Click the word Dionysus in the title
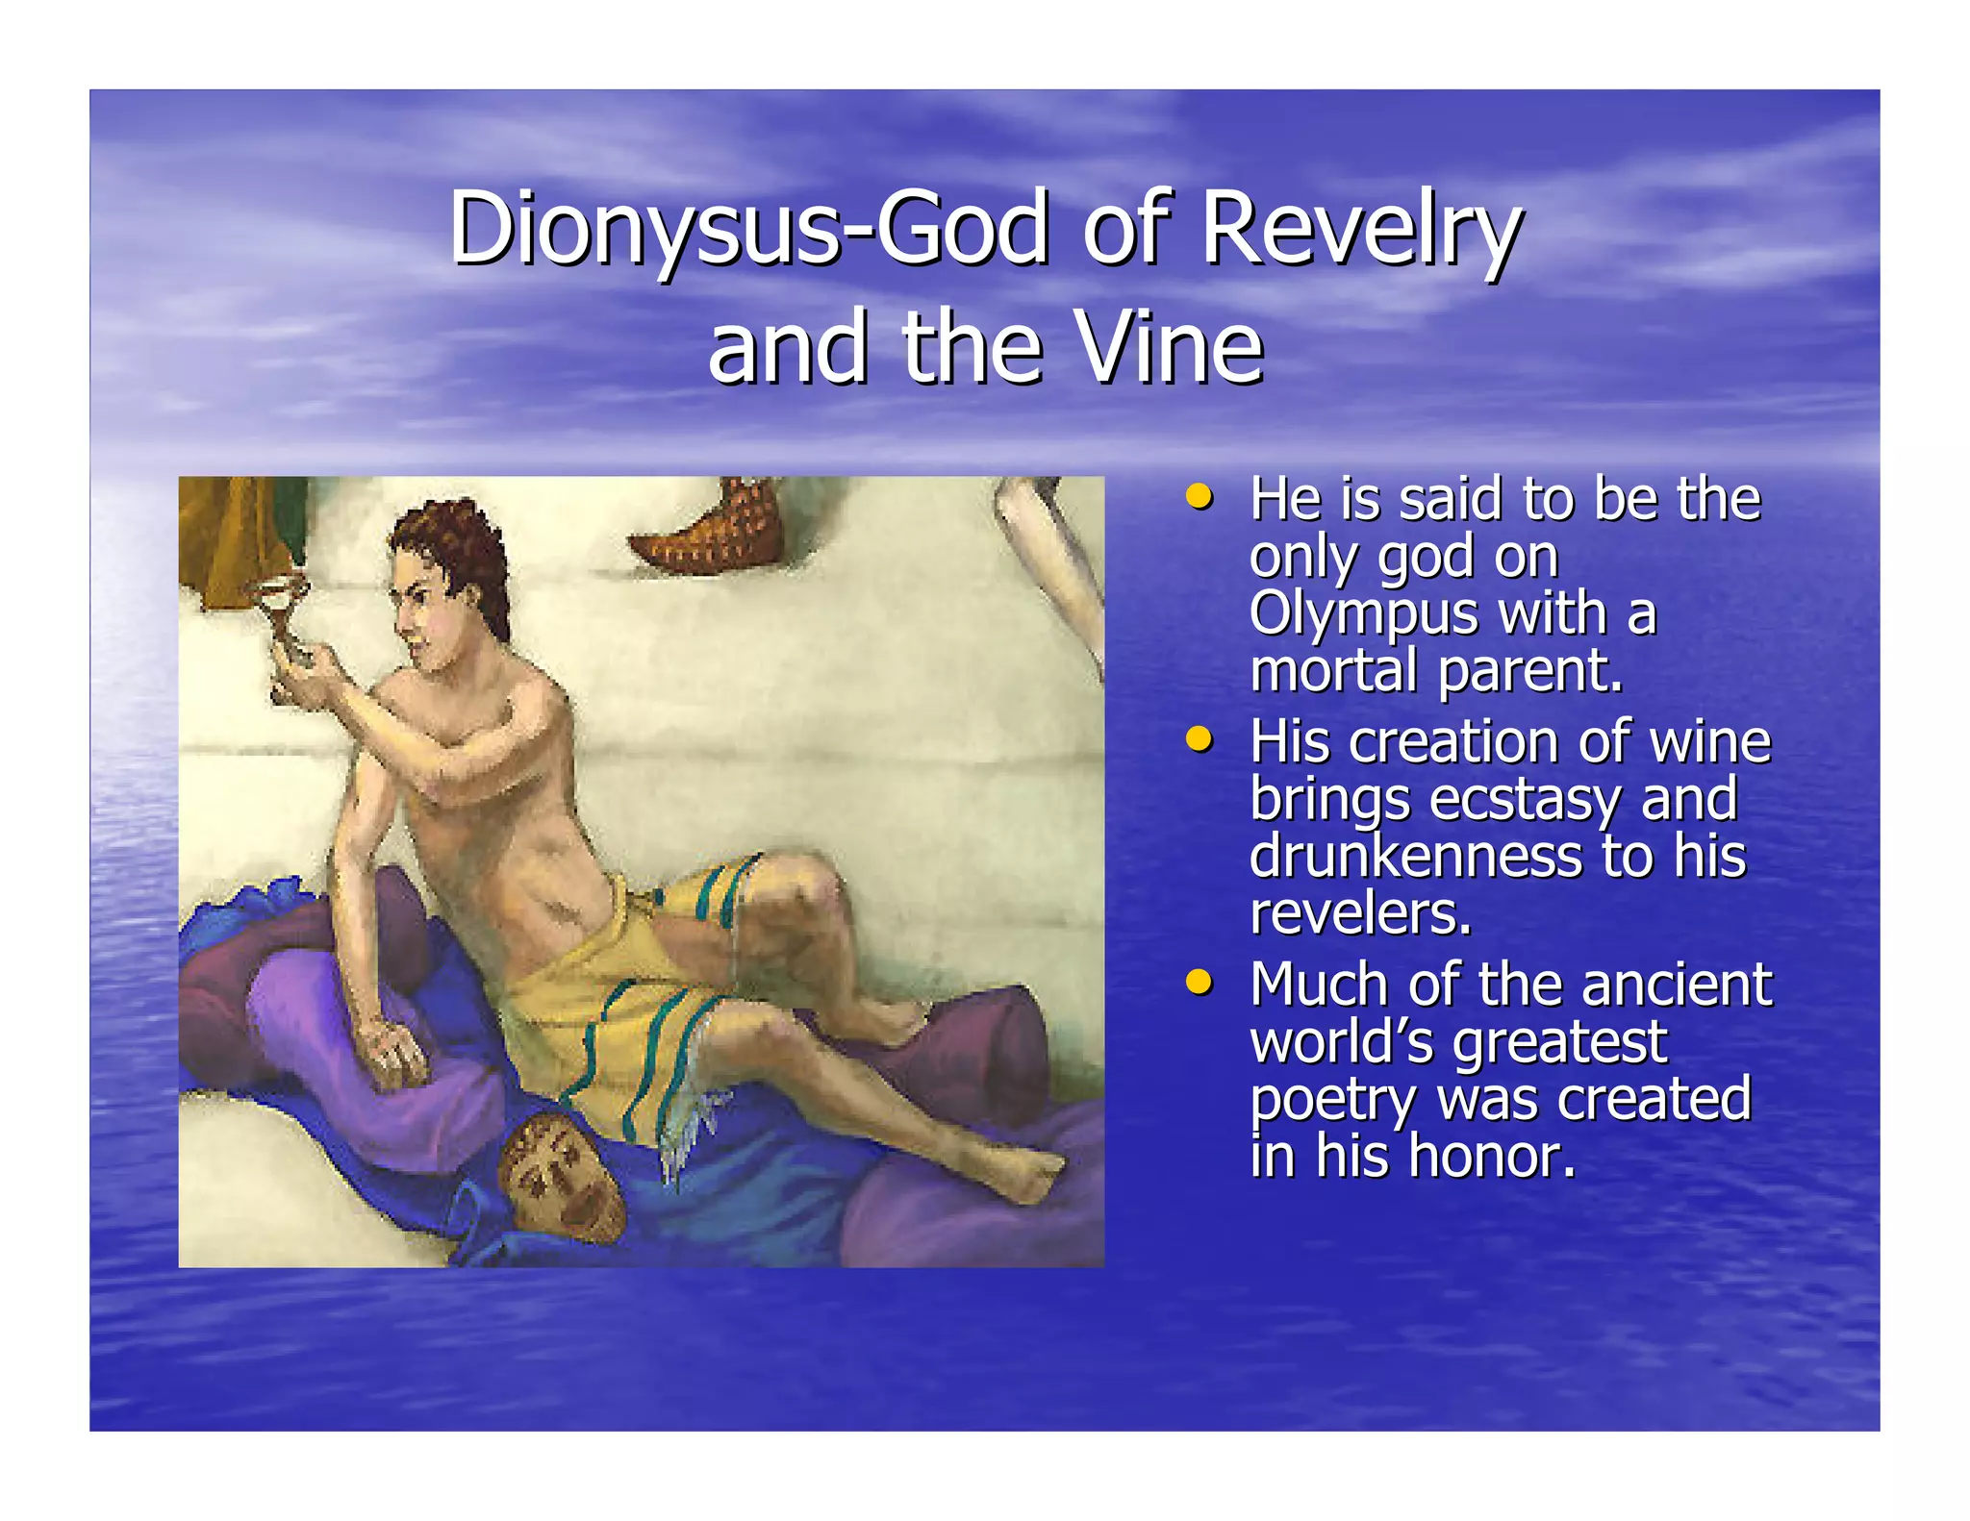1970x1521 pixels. [644, 230]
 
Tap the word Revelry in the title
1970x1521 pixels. [1361, 230]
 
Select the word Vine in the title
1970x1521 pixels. [1169, 347]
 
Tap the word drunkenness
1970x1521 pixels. [1415, 856]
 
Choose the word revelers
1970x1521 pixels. [1360, 913]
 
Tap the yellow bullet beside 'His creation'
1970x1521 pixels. [1199, 740]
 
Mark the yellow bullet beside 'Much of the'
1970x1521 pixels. [1199, 983]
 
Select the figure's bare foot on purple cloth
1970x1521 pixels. [1020, 1178]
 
